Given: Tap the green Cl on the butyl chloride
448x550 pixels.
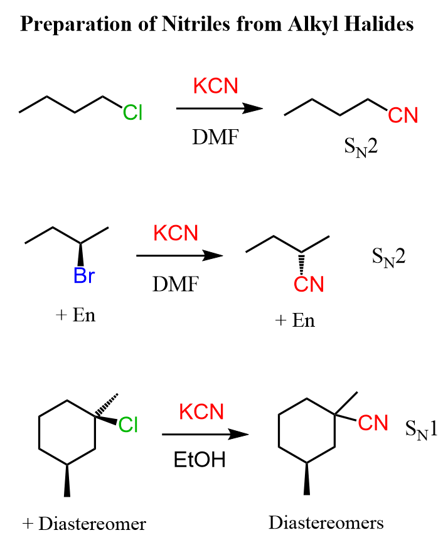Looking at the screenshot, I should [x=133, y=113].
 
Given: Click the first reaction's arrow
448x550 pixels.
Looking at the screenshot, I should [x=219, y=108].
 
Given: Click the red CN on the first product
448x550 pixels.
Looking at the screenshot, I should [x=402, y=115].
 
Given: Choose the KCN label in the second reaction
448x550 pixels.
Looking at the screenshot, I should [x=176, y=233].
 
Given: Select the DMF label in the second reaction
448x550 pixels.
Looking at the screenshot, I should [x=175, y=284].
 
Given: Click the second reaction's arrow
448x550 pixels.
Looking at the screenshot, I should [x=179, y=256].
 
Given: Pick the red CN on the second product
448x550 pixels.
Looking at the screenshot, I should [x=309, y=285].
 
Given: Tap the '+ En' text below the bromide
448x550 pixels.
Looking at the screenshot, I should [x=75, y=315].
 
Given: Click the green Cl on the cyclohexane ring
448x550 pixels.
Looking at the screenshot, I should [x=128, y=425].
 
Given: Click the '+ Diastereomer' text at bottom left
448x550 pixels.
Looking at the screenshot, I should [x=84, y=524].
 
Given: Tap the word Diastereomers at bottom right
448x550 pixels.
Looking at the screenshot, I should [x=326, y=522].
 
